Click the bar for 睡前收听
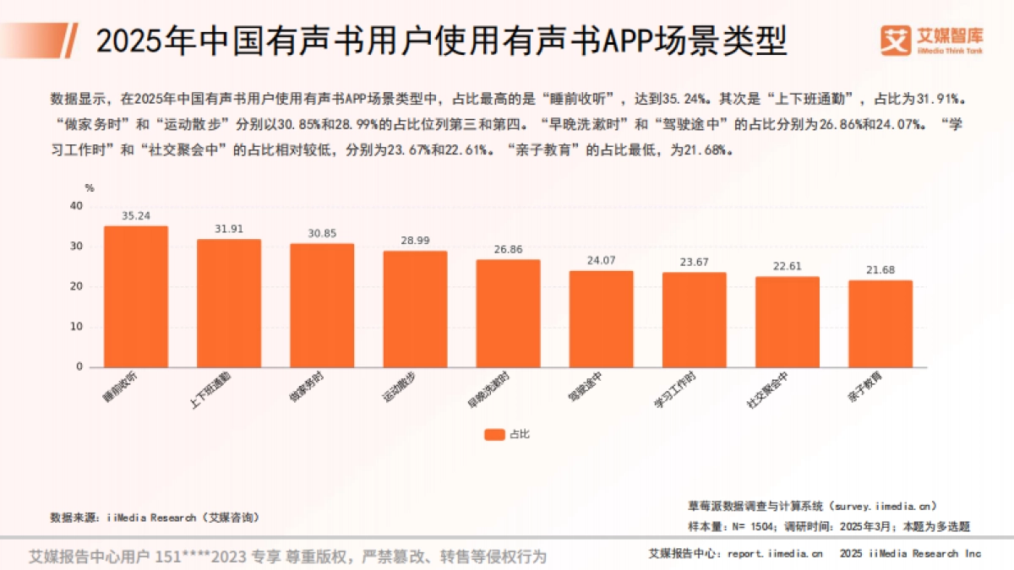(x=135, y=296)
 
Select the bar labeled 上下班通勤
(x=229, y=303)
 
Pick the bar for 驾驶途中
(x=601, y=319)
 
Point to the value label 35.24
(x=135, y=216)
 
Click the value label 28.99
(x=415, y=241)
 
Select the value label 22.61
(x=787, y=267)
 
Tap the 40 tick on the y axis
(x=77, y=206)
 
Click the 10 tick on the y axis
(x=77, y=327)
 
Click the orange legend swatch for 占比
(x=494, y=434)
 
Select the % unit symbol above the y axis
(x=89, y=187)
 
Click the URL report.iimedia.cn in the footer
(x=774, y=554)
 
